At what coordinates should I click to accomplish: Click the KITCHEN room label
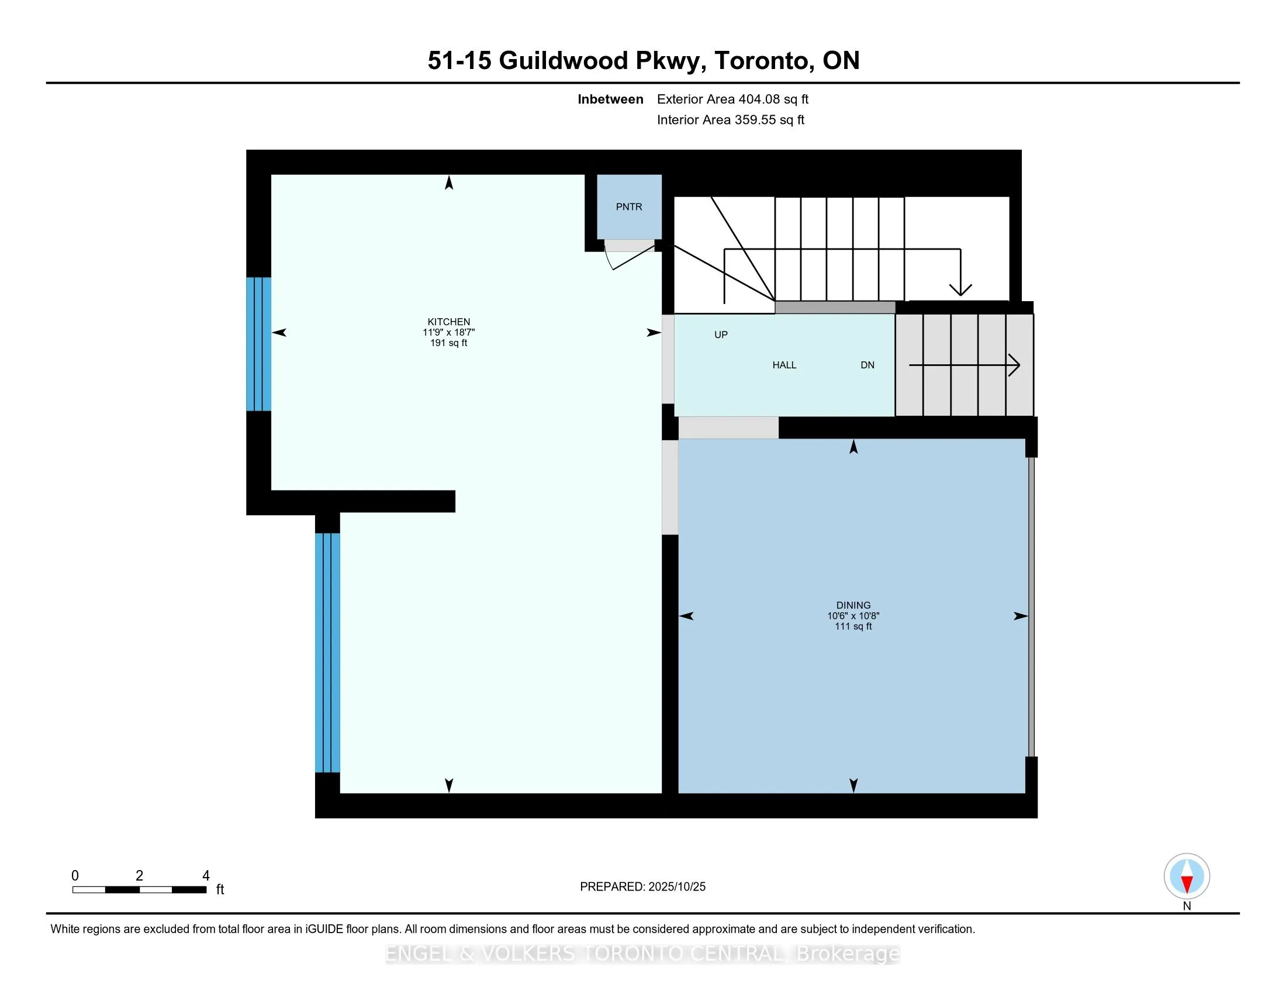point(449,322)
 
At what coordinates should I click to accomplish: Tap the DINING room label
point(853,605)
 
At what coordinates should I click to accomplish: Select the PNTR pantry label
point(629,206)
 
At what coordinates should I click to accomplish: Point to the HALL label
point(784,365)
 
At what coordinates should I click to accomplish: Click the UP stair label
point(721,334)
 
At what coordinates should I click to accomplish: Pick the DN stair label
point(867,365)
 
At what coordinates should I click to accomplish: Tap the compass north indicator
point(1187,876)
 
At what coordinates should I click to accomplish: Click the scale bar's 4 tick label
point(206,876)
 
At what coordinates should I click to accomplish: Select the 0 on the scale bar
point(75,876)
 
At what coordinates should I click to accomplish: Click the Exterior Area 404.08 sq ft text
point(732,99)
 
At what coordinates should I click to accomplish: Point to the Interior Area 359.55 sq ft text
point(730,119)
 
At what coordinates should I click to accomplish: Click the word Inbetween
point(610,99)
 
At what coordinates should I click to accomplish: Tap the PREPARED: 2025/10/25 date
point(642,886)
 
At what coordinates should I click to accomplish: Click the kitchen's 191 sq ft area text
point(449,343)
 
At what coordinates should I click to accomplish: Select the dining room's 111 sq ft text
point(853,626)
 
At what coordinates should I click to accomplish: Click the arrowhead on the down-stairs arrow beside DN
point(1015,365)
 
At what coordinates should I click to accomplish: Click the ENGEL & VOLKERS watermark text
point(642,954)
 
